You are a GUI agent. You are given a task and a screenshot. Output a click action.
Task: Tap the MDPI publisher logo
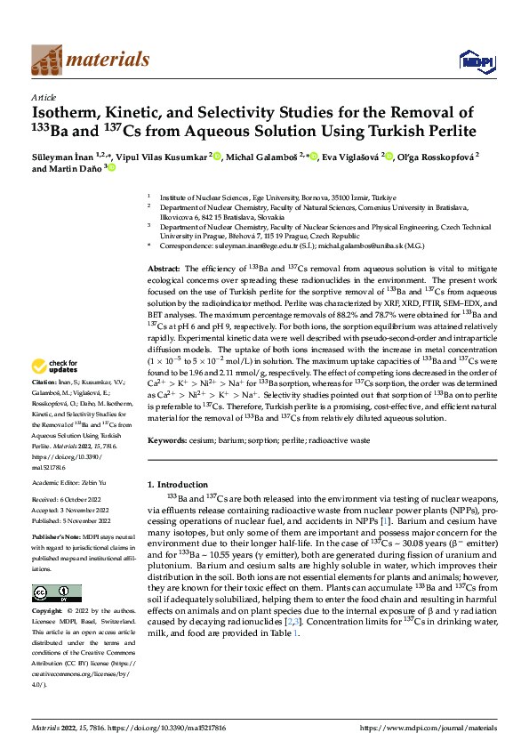tap(474, 60)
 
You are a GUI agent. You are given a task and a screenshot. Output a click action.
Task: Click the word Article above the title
tap(44, 97)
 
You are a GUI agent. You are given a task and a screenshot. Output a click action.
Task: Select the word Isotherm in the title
tap(68, 113)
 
